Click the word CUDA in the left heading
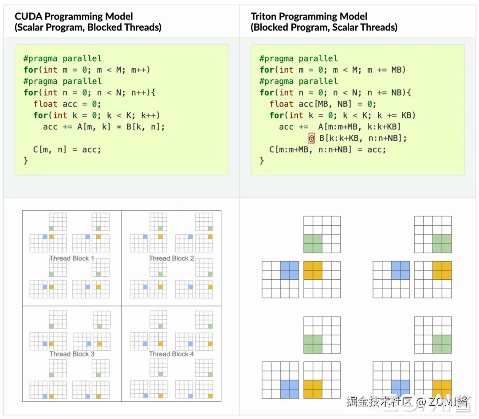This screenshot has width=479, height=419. click(28, 17)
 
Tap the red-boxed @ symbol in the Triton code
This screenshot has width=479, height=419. click(311, 138)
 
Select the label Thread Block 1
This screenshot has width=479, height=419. click(71, 258)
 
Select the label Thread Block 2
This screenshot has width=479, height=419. click(171, 258)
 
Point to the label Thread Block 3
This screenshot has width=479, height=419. click(71, 354)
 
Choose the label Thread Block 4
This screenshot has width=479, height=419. click(171, 354)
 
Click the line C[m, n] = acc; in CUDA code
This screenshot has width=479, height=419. click(67, 149)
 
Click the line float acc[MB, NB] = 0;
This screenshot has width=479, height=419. click(322, 104)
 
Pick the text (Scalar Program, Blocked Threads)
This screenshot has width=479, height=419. click(88, 27)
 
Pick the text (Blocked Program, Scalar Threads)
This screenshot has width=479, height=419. click(324, 27)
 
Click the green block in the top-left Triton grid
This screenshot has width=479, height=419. click(313, 244)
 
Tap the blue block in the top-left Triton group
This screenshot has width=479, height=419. click(290, 270)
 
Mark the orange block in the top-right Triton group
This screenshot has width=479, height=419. click(442, 270)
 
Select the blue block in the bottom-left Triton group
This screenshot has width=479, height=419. click(290, 389)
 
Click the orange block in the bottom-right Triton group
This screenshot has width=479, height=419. click(442, 389)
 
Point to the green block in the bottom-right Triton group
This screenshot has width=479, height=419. click(442, 344)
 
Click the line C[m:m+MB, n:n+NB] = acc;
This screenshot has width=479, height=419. click(327, 149)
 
